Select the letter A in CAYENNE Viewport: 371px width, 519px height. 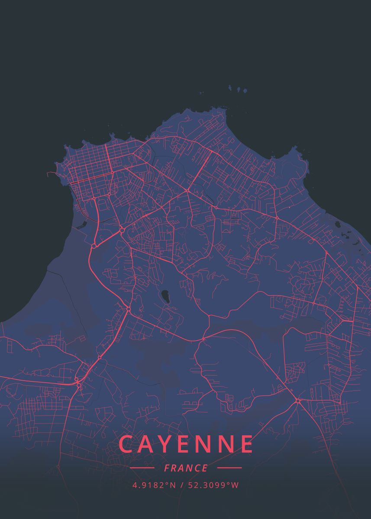148,444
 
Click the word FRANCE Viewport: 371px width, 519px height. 186,468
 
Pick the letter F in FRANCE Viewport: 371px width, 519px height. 167,468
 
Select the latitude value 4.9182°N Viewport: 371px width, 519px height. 154,485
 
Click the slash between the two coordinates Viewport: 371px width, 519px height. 182,485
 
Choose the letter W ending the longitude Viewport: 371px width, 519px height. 235,485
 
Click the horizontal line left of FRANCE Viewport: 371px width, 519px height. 142,468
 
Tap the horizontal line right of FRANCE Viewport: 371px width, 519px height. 229,468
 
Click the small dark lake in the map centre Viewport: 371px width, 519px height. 165,297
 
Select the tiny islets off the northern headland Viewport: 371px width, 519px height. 238,89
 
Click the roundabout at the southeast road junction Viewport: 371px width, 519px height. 298,401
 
